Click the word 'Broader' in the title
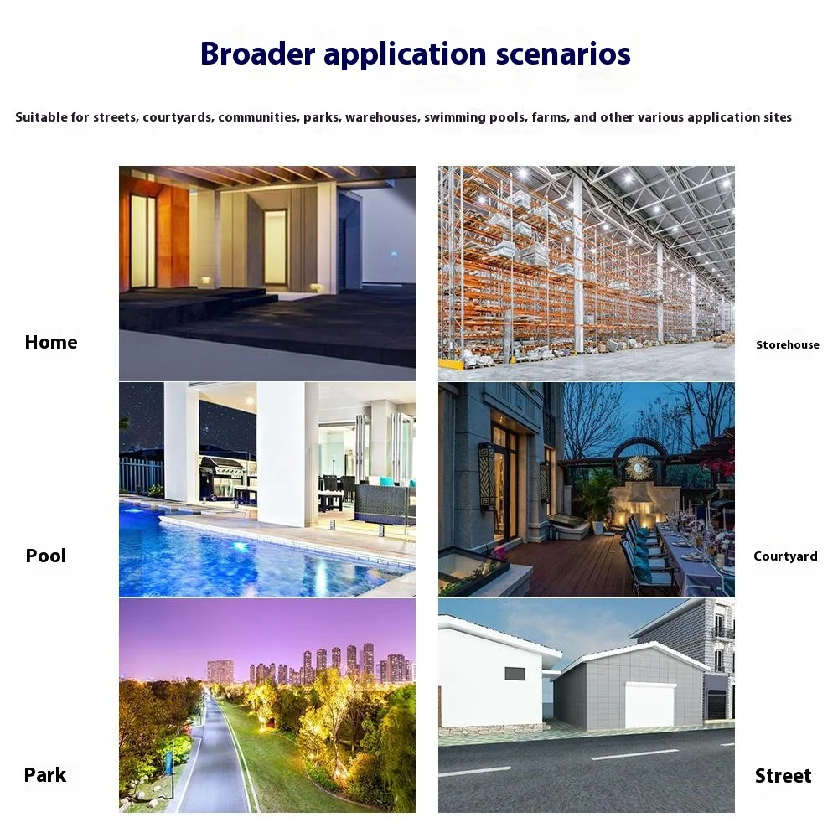[x=257, y=54]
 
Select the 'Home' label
[x=51, y=342]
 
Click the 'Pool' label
[x=46, y=556]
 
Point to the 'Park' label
[x=45, y=775]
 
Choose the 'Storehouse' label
[x=787, y=344]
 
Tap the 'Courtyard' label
[x=785, y=556]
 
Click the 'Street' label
[x=783, y=776]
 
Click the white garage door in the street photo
[x=650, y=705]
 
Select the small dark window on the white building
[x=515, y=673]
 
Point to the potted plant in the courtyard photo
[x=597, y=499]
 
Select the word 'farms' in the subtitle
[x=549, y=117]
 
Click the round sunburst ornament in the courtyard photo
[x=639, y=468]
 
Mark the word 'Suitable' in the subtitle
[x=40, y=117]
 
